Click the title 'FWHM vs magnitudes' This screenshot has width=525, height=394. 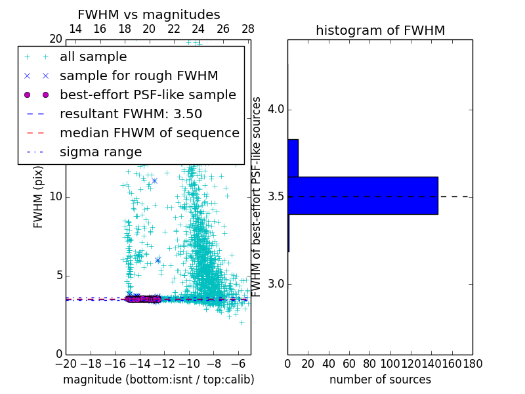(149, 14)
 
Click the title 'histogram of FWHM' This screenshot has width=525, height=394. (380, 30)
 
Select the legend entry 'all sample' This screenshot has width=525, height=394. (93, 57)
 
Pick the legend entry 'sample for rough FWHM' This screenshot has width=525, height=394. (138, 76)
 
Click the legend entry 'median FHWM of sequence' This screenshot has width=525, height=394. (149, 133)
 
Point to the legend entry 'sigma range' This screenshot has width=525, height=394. (100, 152)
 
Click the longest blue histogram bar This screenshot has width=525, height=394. (362, 195)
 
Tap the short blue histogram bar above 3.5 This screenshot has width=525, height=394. (293, 158)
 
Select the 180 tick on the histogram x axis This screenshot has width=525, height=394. (472, 363)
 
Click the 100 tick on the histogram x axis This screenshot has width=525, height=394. (390, 363)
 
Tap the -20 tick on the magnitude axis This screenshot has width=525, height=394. (66, 363)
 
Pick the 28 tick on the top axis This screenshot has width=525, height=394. (248, 29)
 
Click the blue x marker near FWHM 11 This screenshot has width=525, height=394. (154, 181)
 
